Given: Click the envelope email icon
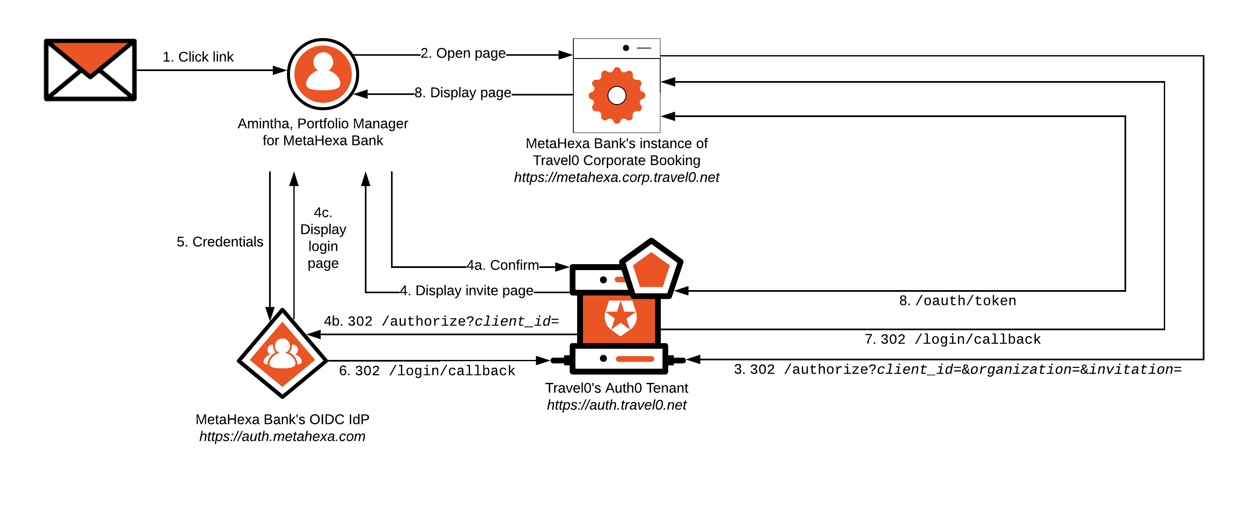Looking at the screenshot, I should [90, 70].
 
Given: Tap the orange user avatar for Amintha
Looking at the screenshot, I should [323, 74].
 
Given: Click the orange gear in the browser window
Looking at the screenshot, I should [616, 95].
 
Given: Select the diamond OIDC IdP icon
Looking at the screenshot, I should [282, 354].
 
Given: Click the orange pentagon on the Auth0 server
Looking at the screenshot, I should [651, 270].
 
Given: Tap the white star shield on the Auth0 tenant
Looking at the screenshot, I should [620, 317].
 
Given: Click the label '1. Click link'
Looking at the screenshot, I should [198, 57].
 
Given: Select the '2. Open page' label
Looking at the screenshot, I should [463, 53].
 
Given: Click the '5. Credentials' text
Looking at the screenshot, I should [220, 242].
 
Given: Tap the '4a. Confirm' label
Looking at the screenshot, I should [503, 265].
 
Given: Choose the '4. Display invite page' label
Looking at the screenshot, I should [467, 291].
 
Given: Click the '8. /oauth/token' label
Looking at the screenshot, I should [958, 301].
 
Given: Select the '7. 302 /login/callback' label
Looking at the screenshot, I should [953, 340].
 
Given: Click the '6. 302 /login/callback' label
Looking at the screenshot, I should [427, 371].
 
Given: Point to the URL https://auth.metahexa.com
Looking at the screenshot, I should [282, 436].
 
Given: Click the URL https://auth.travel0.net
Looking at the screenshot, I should [616, 405].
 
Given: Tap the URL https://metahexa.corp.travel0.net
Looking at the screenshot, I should [616, 178].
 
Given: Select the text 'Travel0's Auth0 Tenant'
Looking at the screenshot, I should [616, 388].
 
